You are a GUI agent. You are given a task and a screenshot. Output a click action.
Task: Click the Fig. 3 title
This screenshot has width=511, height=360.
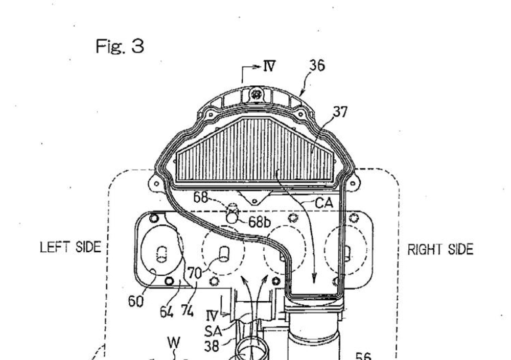[x=120, y=46]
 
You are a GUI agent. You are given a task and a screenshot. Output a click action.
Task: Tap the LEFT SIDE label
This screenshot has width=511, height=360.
[x=70, y=247]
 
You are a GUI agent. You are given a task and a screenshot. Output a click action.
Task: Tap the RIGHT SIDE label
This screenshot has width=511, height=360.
[x=440, y=250]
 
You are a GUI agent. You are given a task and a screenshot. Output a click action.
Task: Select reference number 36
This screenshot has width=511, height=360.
[x=317, y=65]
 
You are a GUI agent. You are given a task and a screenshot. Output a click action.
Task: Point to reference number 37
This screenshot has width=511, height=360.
[x=340, y=112]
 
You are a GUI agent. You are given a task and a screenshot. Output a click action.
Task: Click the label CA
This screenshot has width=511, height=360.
[x=324, y=203]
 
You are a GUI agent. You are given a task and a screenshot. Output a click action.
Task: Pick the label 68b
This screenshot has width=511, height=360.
[x=260, y=222]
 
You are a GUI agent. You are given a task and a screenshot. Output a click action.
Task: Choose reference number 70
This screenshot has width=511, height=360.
[x=195, y=273]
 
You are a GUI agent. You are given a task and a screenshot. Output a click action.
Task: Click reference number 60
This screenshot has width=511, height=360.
[x=135, y=301]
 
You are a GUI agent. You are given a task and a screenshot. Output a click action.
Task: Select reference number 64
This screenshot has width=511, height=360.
[x=167, y=312]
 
